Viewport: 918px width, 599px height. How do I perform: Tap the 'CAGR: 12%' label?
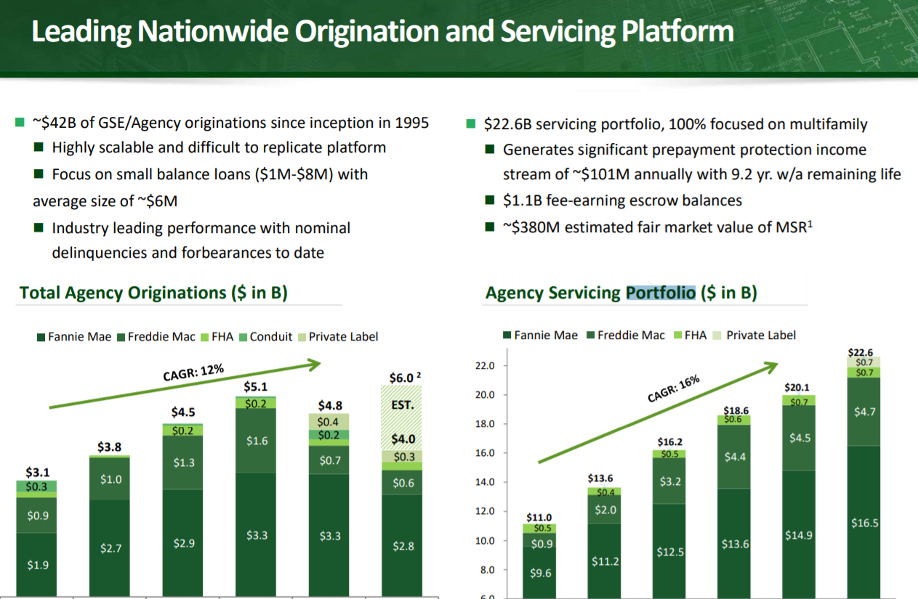(193, 372)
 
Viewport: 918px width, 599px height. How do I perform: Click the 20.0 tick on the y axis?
(485, 395)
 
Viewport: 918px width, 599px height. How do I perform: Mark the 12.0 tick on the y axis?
(485, 511)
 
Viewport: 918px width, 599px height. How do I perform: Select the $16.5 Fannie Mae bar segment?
(864, 523)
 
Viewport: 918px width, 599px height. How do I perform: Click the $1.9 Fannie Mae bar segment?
(38, 565)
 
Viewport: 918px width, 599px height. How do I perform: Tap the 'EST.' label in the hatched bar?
(402, 405)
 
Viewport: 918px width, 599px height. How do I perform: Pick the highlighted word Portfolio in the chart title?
(661, 293)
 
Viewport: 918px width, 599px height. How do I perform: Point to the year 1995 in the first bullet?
(411, 123)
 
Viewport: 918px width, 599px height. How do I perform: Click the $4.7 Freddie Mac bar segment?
(864, 412)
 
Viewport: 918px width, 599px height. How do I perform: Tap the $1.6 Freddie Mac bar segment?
(257, 441)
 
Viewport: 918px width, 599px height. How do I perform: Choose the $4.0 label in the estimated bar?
(402, 439)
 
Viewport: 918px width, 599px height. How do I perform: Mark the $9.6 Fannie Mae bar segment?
(541, 573)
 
